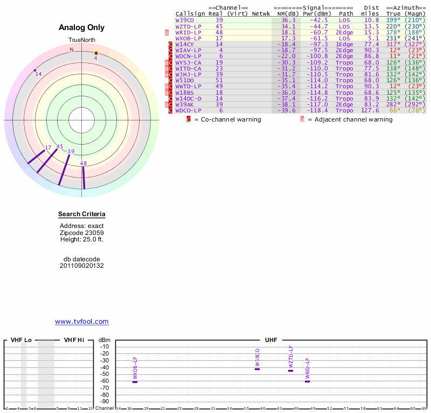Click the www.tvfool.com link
click(82, 322)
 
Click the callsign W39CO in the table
click(185, 20)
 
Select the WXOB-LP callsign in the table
click(188, 38)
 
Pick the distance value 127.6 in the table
click(370, 111)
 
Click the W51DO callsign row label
click(185, 80)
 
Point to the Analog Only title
click(81, 27)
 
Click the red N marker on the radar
click(71, 49)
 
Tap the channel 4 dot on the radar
click(96, 53)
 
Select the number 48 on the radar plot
click(84, 163)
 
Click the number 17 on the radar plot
click(48, 147)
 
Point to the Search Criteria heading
click(82, 215)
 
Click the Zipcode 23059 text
click(82, 232)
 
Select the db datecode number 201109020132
click(82, 266)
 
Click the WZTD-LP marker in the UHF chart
click(291, 371)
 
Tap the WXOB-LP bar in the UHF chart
click(135, 382)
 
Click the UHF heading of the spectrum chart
click(270, 340)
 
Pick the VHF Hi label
click(74, 340)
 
